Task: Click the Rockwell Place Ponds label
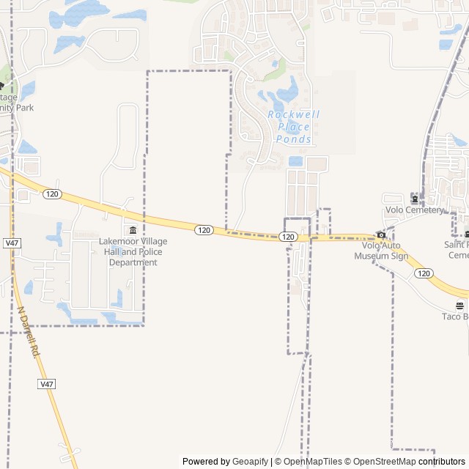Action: tap(289, 127)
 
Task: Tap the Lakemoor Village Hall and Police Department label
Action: tap(133, 251)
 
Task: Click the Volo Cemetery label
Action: tap(415, 210)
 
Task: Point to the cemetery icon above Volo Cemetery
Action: tap(415, 199)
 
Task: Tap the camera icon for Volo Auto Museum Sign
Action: tap(381, 235)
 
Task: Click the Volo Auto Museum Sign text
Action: tap(381, 251)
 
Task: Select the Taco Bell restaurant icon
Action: tap(459, 306)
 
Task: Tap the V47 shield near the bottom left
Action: tap(47, 384)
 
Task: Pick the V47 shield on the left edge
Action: tap(11, 243)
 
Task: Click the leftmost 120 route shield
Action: tap(51, 194)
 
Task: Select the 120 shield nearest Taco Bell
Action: tap(423, 273)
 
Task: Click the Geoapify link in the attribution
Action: tap(251, 462)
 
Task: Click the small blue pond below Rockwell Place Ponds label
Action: tap(295, 161)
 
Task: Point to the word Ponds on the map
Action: tap(294, 139)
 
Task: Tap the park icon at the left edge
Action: tap(2, 86)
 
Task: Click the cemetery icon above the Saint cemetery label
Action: tap(466, 234)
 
